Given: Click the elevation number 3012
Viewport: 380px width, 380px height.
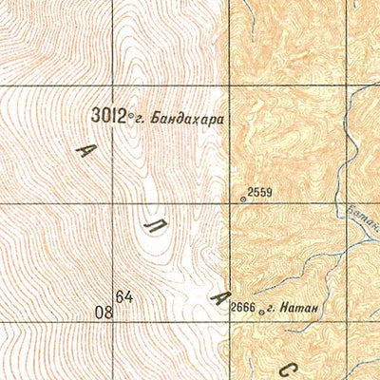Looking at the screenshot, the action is pyautogui.click(x=109, y=115).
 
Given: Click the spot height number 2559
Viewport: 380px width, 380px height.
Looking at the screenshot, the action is pyautogui.click(x=259, y=193).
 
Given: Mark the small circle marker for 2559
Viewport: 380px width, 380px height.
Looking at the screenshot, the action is pyautogui.click(x=243, y=199).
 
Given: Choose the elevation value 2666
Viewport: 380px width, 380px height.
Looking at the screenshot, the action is pyautogui.click(x=243, y=306).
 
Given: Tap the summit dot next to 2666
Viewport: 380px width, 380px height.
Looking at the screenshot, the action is pyautogui.click(x=260, y=308).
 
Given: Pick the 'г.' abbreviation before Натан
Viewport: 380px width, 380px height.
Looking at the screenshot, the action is pyautogui.click(x=270, y=307).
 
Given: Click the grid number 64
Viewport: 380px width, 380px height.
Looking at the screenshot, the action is pyautogui.click(x=124, y=297).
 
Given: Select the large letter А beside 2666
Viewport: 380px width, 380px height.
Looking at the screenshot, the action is pyautogui.click(x=220, y=298).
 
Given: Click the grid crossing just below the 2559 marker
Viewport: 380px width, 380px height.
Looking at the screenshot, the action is pyautogui.click(x=230, y=204).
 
